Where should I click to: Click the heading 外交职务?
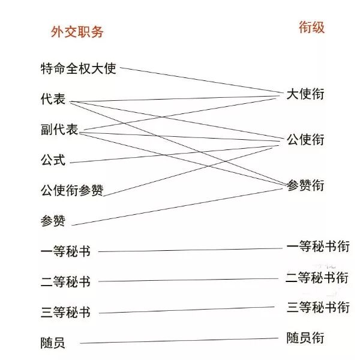tap(77, 32)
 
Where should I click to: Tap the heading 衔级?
tap(311, 27)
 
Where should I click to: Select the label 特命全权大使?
tap(78, 68)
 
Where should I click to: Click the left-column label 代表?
tap(53, 99)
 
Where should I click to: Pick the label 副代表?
tap(59, 130)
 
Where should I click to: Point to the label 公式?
tap(53, 160)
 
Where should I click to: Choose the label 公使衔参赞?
tap(72, 191)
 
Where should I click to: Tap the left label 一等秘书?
tap(65, 251)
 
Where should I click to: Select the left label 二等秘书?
tap(65, 282)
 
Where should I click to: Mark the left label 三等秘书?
tap(65, 313)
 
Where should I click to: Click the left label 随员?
tap(53, 343)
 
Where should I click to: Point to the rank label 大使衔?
tap(305, 94)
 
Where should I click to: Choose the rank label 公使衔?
tap(305, 140)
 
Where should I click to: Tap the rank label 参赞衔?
tap(305, 185)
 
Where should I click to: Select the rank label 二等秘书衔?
tap(317, 278)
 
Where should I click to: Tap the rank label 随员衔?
tap(305, 338)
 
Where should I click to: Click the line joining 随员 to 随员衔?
tap(180, 341)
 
